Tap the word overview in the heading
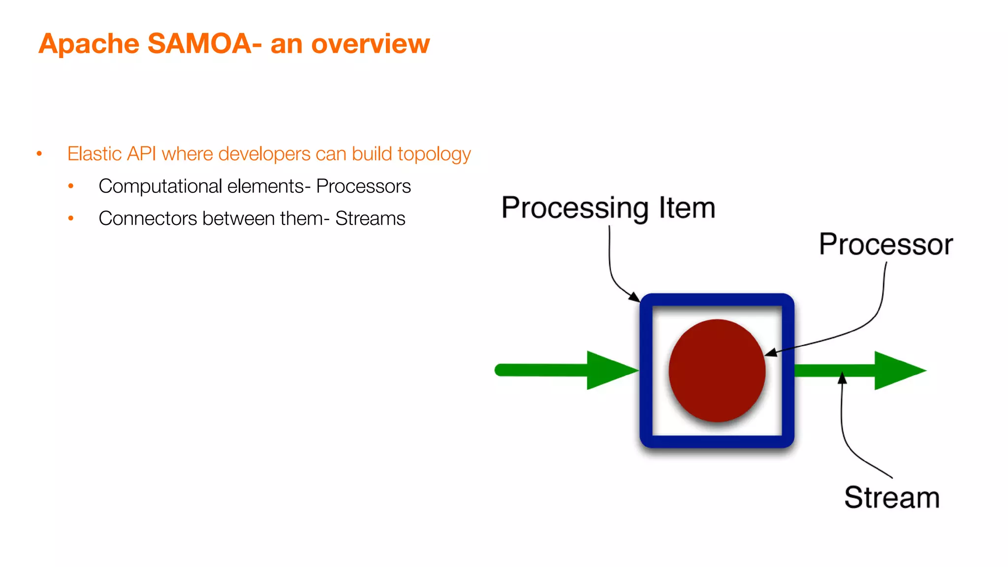[370, 44]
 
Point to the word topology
[434, 155]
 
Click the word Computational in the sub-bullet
[160, 187]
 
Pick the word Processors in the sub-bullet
[363, 187]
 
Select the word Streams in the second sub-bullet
[370, 219]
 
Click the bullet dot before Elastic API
[39, 154]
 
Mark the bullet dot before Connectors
[71, 218]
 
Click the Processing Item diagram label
[608, 208]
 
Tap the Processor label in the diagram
[885, 244]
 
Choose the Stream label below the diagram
[892, 497]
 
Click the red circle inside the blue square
[717, 370]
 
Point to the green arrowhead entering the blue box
[610, 370]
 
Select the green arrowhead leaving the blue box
[898, 370]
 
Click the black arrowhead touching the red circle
[771, 352]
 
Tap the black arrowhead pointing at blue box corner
[634, 297]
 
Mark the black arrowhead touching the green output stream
[842, 378]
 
